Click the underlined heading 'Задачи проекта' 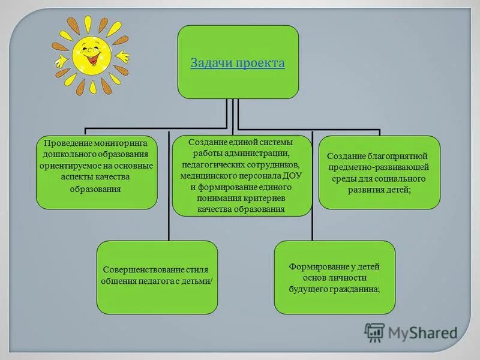point(238,64)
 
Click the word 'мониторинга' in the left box point(126,143)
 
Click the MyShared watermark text point(422,332)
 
